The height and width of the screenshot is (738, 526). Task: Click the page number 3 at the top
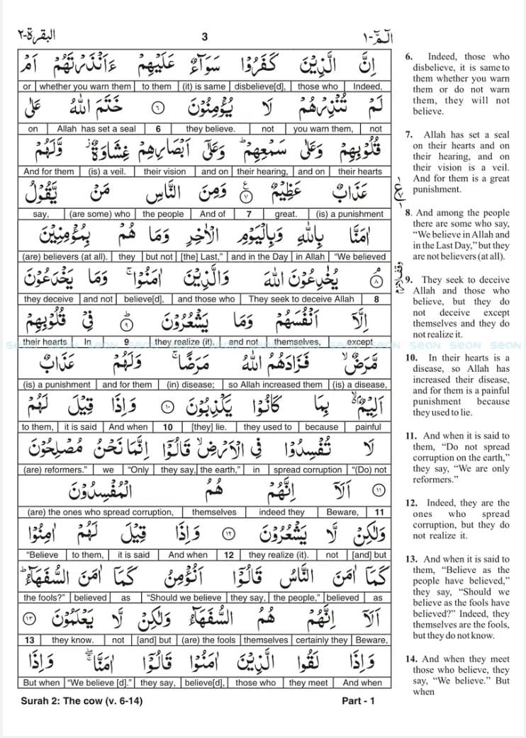(204, 37)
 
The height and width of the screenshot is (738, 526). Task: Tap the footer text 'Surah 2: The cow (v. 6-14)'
(76, 700)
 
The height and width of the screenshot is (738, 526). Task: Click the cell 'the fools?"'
(45, 598)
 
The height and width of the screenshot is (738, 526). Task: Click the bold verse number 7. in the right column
(409, 135)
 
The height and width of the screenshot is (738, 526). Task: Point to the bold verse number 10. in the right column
(411, 358)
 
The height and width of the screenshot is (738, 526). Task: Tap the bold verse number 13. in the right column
(411, 559)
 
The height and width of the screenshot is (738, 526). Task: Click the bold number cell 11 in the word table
(379, 512)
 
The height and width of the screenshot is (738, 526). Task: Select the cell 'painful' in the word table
(368, 427)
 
